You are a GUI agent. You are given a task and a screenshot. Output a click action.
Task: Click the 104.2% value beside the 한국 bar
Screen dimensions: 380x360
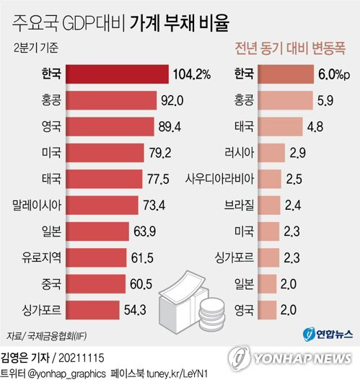[191, 74]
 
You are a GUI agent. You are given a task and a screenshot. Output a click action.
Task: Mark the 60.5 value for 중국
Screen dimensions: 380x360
[158, 284]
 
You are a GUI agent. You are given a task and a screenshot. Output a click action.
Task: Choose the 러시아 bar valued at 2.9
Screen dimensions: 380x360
[271, 153]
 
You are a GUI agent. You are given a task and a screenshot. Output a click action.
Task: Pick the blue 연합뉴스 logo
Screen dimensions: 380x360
[326, 334]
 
